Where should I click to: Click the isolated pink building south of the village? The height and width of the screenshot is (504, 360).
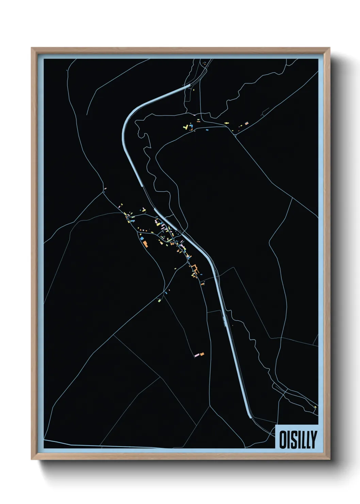(x=196, y=356)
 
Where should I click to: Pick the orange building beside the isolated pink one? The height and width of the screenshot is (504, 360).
(x=202, y=354)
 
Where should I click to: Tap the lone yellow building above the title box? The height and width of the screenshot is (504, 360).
(x=315, y=407)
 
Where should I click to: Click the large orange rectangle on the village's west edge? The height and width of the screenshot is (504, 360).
(x=145, y=243)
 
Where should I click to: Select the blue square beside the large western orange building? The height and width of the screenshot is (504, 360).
(x=141, y=239)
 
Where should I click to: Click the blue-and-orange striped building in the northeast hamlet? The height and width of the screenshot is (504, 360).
(x=247, y=123)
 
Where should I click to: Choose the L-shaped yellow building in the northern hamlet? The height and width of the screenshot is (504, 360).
(x=185, y=127)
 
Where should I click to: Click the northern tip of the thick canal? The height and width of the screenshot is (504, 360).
(x=189, y=85)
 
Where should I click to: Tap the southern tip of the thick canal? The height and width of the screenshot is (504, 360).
(x=250, y=416)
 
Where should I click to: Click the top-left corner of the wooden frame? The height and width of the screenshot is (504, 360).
(x=32, y=48)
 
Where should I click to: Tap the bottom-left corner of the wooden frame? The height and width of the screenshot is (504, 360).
(x=32, y=459)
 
